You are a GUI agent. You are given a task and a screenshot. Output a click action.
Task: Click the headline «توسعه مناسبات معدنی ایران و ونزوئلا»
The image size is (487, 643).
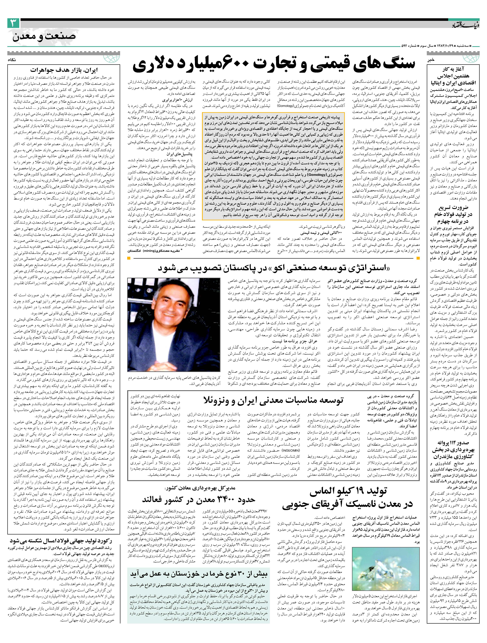(273, 400)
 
